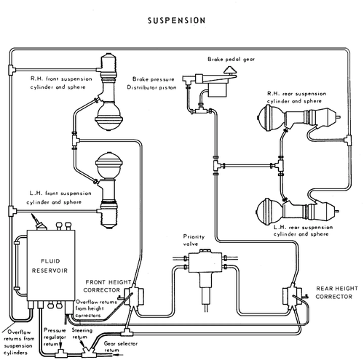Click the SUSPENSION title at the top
click(177, 20)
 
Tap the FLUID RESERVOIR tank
click(51, 265)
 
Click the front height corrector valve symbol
click(134, 296)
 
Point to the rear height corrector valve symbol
click(293, 296)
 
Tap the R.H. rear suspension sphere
click(271, 119)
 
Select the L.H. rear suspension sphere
click(270, 210)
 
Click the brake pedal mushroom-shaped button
click(230, 71)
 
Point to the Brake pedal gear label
click(231, 59)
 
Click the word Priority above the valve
click(194, 236)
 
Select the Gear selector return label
click(120, 347)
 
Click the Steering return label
click(82, 333)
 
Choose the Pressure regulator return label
click(55, 337)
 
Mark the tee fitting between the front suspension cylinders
click(75, 140)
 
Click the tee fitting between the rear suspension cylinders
click(280, 166)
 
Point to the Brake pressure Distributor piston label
click(152, 83)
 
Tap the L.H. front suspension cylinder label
click(59, 198)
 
